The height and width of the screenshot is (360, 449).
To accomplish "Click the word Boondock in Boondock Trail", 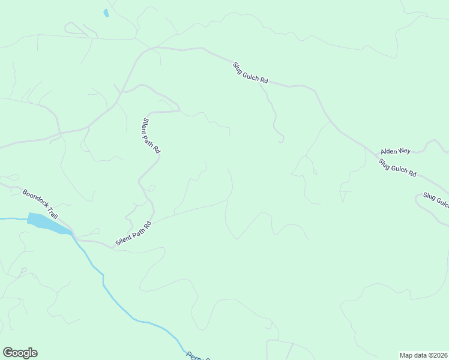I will coord(35,197).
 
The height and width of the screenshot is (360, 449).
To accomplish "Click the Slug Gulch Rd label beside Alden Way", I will coord(397,167).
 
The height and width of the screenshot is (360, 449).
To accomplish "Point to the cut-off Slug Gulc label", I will coord(435,200).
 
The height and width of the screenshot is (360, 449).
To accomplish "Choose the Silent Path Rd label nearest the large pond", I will coord(133,233).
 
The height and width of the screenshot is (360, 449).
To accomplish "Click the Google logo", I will coord(20,353).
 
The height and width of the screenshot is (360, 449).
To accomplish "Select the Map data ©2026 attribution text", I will coord(424,355).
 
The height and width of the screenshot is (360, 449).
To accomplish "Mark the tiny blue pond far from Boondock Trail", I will coord(106,13).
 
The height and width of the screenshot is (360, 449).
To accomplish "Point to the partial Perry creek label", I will coord(197,356).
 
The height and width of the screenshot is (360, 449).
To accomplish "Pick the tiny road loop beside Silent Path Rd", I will coord(152,188).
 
